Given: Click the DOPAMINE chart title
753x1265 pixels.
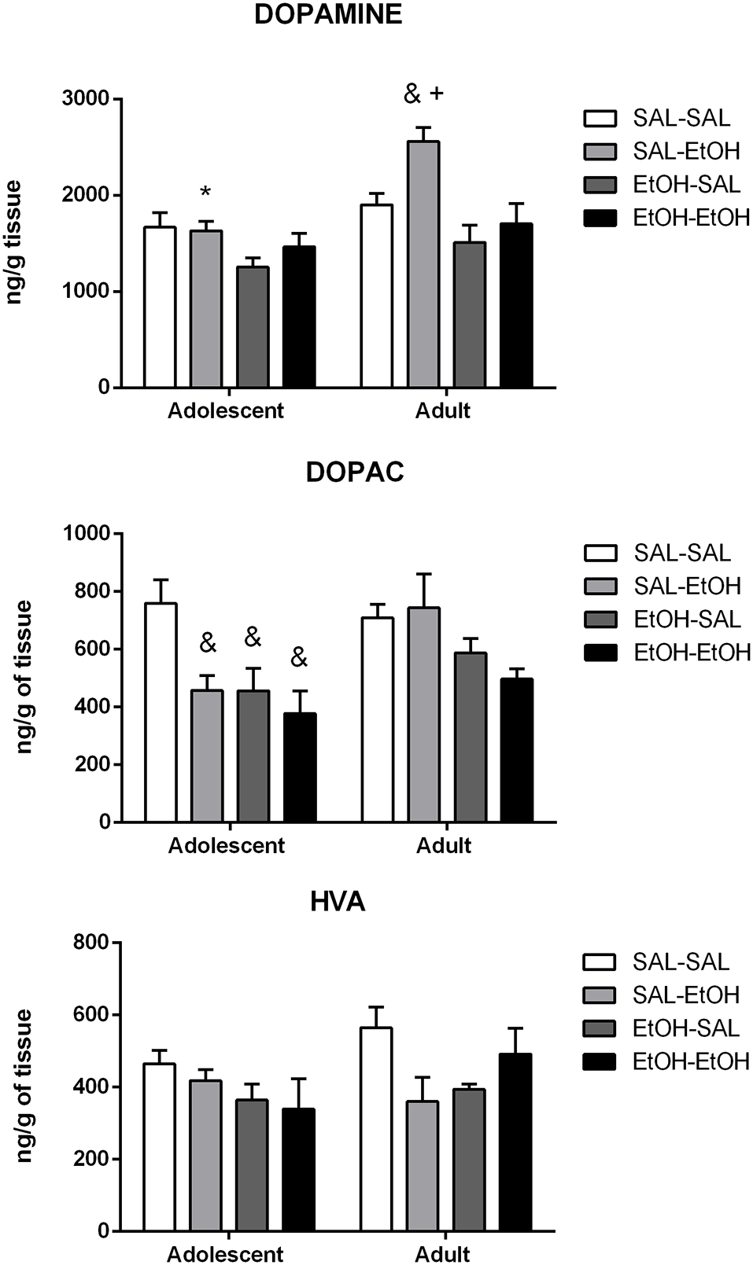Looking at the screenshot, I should tap(328, 15).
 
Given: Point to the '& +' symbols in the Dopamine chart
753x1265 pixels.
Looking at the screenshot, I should tap(423, 94).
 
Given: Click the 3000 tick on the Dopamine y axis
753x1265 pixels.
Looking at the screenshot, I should tap(86, 99).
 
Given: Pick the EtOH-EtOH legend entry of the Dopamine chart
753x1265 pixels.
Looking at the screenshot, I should tap(667, 217).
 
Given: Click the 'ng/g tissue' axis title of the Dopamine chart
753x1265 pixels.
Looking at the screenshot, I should tap(14, 242).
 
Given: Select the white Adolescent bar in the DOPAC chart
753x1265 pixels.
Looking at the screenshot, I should tap(160, 712).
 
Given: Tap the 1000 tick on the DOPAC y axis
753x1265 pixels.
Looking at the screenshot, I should tap(87, 534).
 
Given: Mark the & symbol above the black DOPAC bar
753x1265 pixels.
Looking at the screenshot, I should tap(299, 658).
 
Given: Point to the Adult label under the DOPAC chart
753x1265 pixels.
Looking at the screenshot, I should tap(444, 846).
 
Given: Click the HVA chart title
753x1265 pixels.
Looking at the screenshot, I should tap(338, 902).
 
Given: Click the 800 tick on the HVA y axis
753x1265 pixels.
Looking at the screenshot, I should tap(93, 943).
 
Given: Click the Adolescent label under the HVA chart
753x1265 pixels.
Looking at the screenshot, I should tap(225, 1253).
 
